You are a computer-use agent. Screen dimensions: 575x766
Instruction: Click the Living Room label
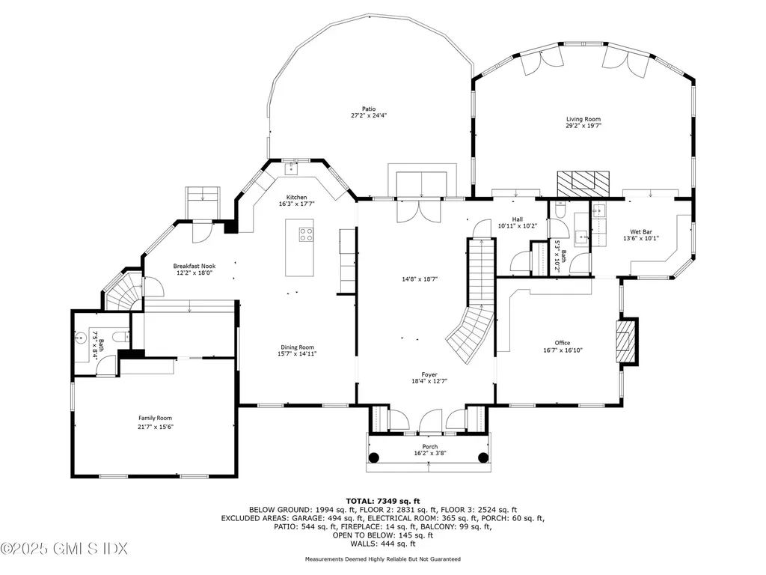click(x=583, y=119)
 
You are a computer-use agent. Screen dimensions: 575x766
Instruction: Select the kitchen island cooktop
click(x=306, y=235)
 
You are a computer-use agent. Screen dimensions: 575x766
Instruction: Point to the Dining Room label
click(x=297, y=347)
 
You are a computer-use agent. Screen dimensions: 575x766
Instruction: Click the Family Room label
click(x=155, y=418)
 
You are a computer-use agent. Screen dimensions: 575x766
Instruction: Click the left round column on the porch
click(x=375, y=457)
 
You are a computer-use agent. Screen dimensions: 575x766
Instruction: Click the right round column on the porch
click(x=483, y=457)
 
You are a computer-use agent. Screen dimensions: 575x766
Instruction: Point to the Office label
click(x=562, y=343)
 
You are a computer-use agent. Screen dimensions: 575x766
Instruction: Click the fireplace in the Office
click(x=626, y=342)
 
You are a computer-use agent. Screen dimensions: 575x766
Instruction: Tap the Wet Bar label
click(x=639, y=232)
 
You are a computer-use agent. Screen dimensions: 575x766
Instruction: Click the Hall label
click(x=516, y=219)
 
